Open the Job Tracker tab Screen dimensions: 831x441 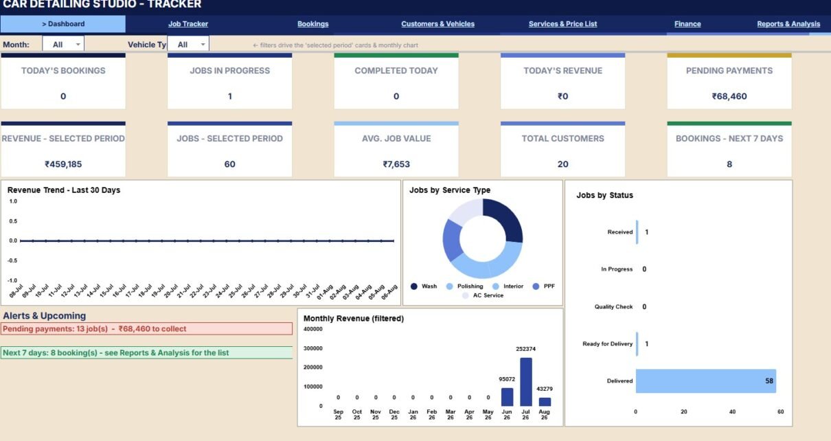[188, 24]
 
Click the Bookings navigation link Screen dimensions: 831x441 [312, 24]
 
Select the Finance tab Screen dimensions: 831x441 [687, 24]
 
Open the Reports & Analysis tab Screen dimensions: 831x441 [788, 24]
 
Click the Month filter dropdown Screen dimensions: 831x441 [63, 44]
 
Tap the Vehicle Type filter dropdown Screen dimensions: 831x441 [188, 44]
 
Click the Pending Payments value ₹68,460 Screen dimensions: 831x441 [729, 96]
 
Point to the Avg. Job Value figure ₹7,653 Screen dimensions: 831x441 [396, 164]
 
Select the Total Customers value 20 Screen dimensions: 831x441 [562, 164]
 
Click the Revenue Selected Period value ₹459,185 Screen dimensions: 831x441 [63, 164]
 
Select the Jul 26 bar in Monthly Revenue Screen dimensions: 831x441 [525, 382]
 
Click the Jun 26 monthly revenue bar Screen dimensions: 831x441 [507, 397]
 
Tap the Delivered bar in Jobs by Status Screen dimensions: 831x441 [705, 381]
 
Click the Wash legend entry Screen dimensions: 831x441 [424, 286]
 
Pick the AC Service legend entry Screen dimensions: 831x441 [483, 295]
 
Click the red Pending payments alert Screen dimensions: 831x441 [146, 329]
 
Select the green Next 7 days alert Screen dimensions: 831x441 [146, 352]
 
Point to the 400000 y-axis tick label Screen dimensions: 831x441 [312, 329]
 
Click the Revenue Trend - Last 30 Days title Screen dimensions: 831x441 [64, 190]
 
